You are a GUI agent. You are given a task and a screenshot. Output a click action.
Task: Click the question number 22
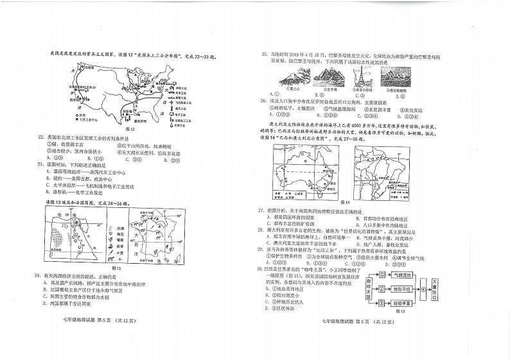(x=41, y=137)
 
